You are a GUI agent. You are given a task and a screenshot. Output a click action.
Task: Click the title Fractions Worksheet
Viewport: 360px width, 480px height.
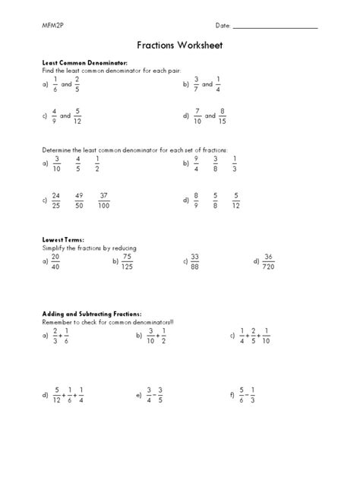click(179, 46)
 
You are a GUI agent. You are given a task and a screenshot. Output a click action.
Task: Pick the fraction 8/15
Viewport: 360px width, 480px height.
click(222, 116)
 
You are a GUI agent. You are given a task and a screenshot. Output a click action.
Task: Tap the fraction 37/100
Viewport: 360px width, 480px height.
click(105, 201)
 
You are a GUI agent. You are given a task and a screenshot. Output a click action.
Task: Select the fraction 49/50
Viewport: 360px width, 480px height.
click(80, 201)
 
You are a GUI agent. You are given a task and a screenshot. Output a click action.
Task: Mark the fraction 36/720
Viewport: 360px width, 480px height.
click(267, 261)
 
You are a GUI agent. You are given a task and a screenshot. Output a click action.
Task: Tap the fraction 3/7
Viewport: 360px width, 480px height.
click(196, 85)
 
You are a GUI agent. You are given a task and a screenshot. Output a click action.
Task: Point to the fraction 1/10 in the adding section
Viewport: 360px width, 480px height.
click(267, 335)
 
